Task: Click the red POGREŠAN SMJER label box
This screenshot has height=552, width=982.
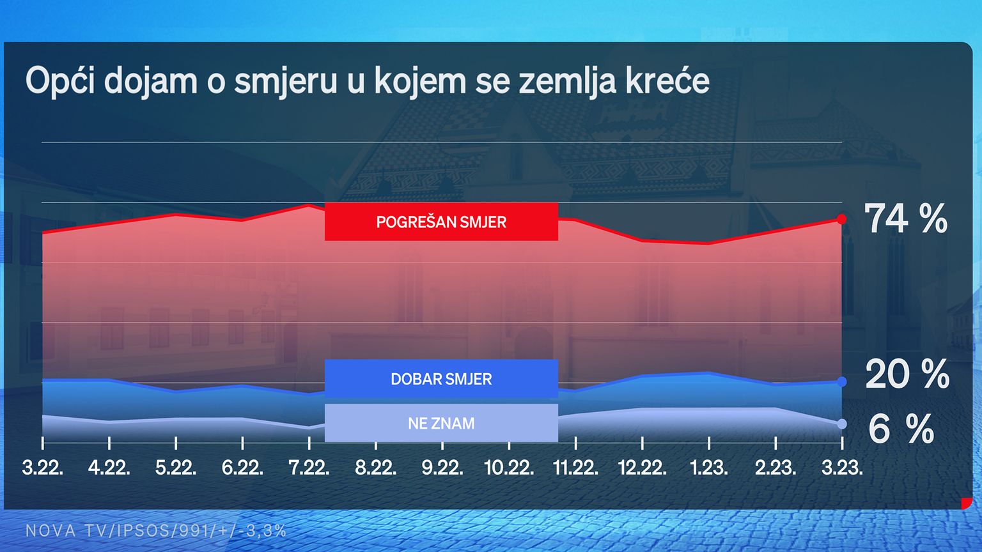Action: point(441,222)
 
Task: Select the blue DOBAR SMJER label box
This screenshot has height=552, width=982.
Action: point(441,379)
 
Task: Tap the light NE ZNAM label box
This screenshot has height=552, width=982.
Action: point(441,423)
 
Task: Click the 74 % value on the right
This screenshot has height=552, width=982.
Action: point(905,218)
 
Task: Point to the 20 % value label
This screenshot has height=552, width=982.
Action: point(907,374)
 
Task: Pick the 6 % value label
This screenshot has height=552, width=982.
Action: point(901,429)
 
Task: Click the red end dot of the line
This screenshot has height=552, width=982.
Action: point(841,219)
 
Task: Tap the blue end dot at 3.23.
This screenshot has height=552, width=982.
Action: point(841,382)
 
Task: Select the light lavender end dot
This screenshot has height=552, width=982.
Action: point(841,424)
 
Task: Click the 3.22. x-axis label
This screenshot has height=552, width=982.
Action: point(43,468)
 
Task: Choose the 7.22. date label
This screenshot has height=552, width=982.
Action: point(309,468)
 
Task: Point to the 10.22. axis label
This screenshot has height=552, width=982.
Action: point(509,468)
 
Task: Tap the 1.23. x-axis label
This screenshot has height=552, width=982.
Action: point(709,468)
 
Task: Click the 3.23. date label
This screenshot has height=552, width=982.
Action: point(842,468)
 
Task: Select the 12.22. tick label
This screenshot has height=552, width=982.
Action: point(643,468)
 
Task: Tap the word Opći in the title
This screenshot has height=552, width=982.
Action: point(60,81)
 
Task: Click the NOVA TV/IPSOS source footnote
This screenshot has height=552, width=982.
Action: point(155,531)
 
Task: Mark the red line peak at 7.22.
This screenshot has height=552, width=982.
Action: point(309,205)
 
